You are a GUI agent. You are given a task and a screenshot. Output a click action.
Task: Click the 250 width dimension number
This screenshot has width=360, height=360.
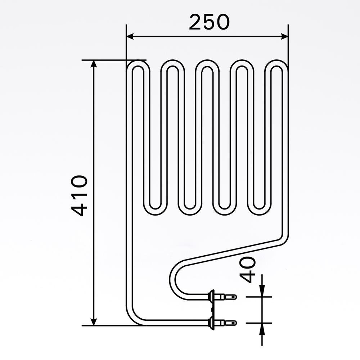[209, 22]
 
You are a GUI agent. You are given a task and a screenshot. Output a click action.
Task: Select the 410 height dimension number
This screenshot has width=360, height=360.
[79, 195]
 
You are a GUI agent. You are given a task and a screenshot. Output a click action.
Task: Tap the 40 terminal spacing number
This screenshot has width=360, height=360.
[248, 270]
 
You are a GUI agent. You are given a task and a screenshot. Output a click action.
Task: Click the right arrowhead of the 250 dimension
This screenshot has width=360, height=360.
[284, 36]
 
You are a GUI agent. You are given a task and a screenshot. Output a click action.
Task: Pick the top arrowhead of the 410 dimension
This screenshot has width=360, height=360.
[94, 64]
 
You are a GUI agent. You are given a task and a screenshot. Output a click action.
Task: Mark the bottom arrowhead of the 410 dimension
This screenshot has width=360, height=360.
[94, 321]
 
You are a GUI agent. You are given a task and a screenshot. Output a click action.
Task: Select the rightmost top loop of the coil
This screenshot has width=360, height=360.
[276, 64]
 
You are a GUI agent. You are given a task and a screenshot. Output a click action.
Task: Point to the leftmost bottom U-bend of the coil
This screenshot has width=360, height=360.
[155, 211]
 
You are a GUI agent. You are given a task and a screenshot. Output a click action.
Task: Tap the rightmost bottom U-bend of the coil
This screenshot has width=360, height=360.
[259, 211]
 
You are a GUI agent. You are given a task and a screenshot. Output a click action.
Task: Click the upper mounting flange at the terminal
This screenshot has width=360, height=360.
[211, 297]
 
